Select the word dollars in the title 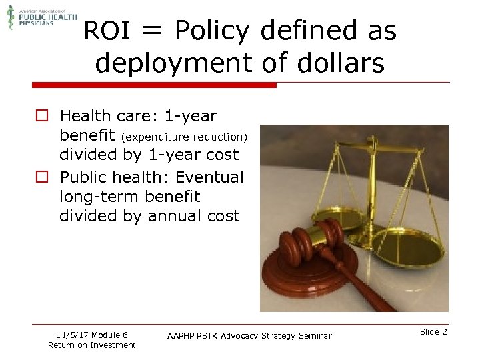tap(341, 63)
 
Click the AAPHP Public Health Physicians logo tap(41, 16)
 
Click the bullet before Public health tap(41, 177)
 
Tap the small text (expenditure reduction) tap(184, 137)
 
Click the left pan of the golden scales tap(333, 216)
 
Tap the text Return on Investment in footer tap(91, 345)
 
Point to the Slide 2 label tap(434, 332)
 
